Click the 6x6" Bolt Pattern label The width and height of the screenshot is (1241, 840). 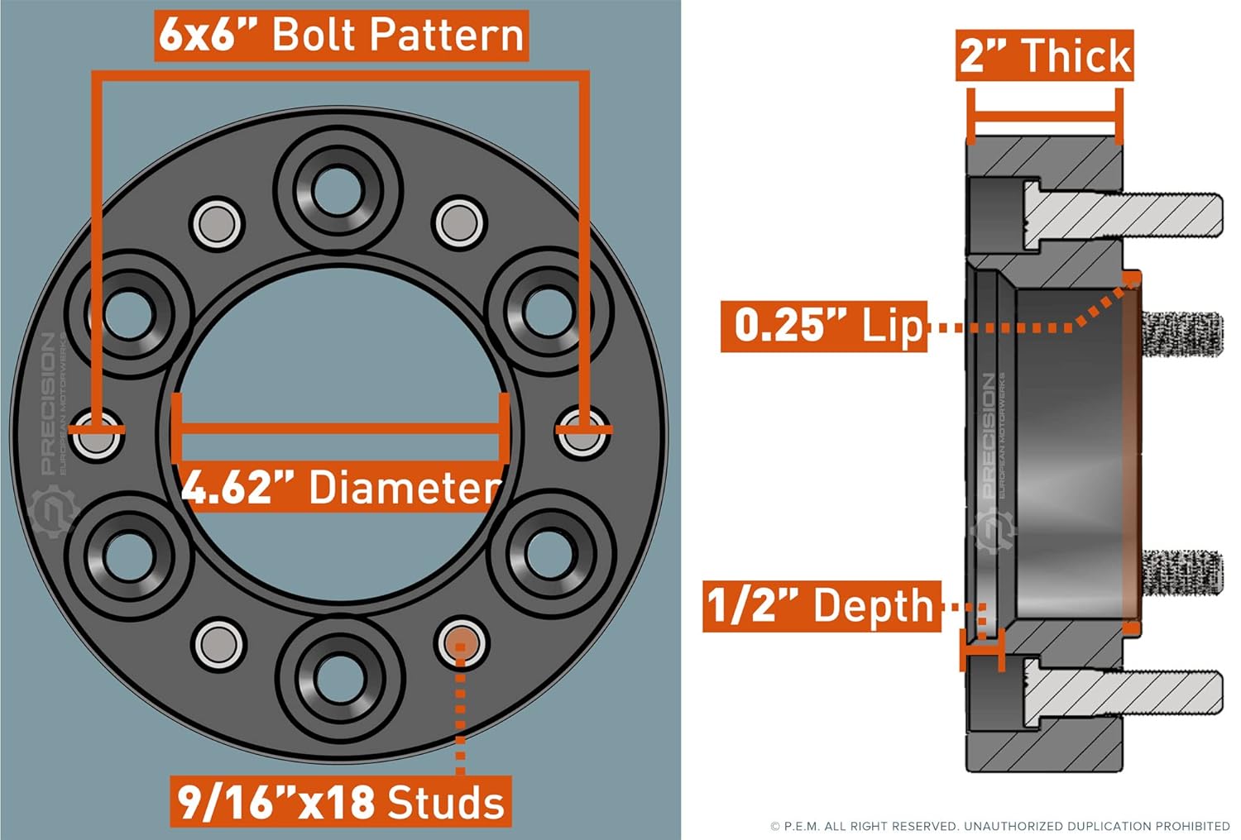click(341, 36)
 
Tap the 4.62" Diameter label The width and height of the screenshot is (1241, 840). click(341, 487)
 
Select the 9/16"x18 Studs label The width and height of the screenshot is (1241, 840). click(341, 801)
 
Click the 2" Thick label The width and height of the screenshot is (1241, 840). click(1044, 56)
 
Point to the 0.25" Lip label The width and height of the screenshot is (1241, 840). click(824, 326)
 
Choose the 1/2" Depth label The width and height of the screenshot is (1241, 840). click(822, 606)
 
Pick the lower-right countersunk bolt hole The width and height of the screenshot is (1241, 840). click(547, 551)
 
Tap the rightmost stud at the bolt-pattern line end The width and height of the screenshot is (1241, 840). click(582, 432)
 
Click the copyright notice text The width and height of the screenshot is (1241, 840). click(999, 826)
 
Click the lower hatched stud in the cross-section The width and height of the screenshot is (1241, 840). click(1125, 692)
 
